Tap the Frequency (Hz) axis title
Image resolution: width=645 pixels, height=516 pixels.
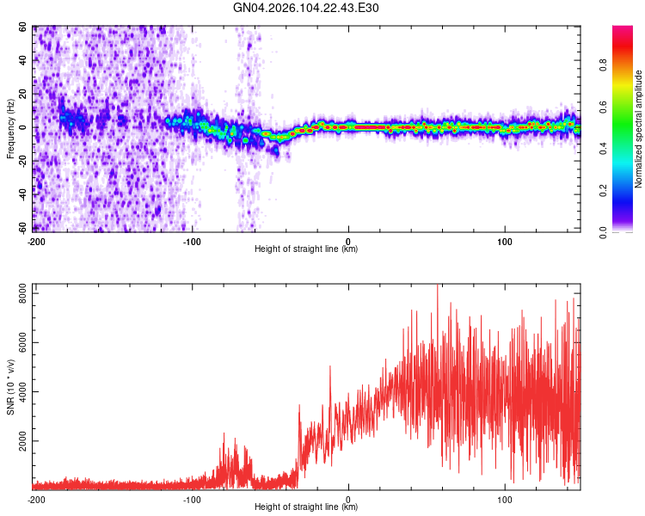tap(10, 128)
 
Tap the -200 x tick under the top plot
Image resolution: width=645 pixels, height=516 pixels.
tap(35, 241)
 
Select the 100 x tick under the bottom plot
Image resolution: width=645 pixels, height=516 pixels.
tap(504, 499)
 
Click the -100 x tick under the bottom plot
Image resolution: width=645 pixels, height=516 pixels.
tap(191, 499)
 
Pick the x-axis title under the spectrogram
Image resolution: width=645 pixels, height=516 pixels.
tap(306, 249)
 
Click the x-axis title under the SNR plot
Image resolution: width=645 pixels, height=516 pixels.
tap(306, 507)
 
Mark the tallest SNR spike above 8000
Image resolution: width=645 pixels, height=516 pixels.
tap(437, 286)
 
